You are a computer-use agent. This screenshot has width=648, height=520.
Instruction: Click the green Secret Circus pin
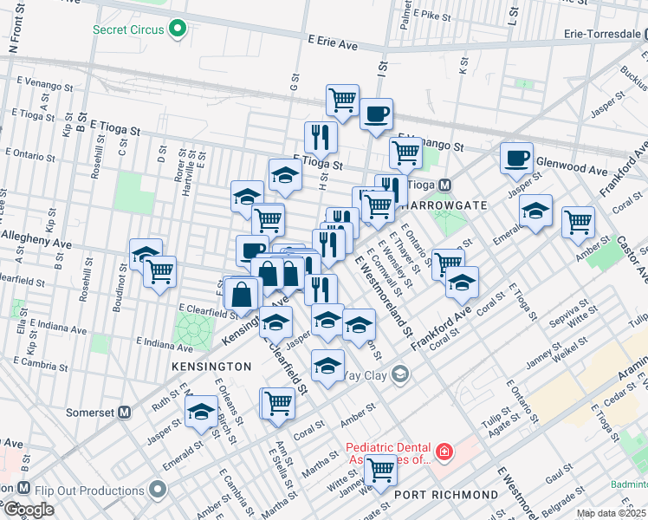[x=179, y=30]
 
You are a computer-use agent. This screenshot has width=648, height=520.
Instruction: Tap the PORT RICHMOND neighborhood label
[x=446, y=495]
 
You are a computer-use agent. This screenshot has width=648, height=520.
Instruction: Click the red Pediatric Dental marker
[x=444, y=452]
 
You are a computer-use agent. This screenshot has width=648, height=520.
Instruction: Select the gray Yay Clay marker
[x=399, y=374]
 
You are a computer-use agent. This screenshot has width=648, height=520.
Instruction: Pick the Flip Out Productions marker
[x=157, y=491]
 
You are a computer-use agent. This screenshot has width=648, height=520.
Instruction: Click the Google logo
[x=29, y=509]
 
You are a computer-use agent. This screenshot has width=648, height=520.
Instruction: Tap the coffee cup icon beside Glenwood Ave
[x=516, y=159]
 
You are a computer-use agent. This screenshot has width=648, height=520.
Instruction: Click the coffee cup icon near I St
[x=376, y=114]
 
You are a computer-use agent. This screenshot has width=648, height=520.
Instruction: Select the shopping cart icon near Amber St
[x=578, y=222]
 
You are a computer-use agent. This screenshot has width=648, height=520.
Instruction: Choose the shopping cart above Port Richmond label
[x=380, y=471]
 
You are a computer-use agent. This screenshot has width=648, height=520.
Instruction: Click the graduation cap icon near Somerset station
[x=202, y=413]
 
